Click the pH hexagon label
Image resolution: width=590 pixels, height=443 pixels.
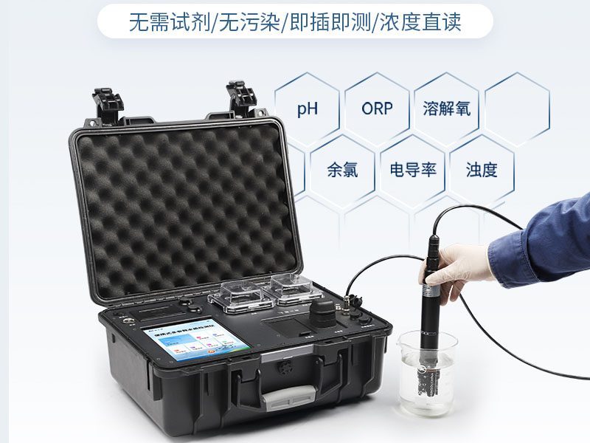click(x=308, y=110)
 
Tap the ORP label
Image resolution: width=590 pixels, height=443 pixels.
click(x=377, y=109)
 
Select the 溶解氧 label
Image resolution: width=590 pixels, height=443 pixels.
click(x=446, y=109)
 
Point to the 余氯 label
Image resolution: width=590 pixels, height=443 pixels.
click(x=342, y=170)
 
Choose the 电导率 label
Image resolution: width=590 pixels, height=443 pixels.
click(x=413, y=170)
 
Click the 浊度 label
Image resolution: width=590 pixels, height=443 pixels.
click(x=482, y=170)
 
